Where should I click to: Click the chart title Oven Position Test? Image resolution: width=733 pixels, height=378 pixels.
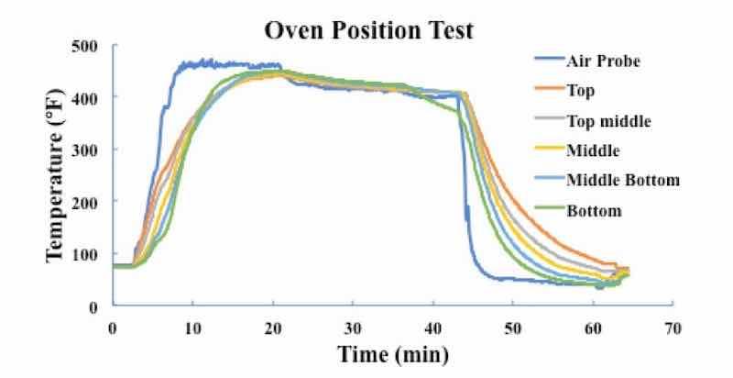click(x=369, y=30)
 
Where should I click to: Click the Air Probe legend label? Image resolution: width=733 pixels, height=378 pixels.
click(x=614, y=61)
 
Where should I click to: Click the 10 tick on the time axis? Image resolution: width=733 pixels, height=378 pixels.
click(x=192, y=328)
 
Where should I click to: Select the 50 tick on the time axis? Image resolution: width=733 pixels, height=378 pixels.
click(x=513, y=328)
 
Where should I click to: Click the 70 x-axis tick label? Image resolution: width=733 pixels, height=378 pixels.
click(x=673, y=328)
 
